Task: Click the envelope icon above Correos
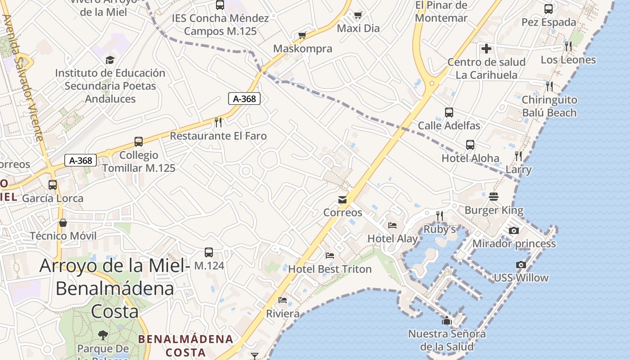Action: [x=342, y=200]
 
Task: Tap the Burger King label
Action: [x=494, y=210]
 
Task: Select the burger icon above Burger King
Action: [x=494, y=197]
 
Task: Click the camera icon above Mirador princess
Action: [x=514, y=230]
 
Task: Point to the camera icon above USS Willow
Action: [x=521, y=265]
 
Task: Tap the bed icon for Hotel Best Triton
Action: [x=330, y=256]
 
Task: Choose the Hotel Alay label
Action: [x=392, y=238]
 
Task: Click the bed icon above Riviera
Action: [x=283, y=300]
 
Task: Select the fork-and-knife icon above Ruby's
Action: [x=440, y=216]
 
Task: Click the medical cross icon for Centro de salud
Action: [x=486, y=49]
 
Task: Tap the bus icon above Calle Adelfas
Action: [x=449, y=112]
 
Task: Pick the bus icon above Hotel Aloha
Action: [x=470, y=145]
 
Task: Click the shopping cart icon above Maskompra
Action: [x=302, y=35]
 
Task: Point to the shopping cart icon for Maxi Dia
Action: [x=358, y=15]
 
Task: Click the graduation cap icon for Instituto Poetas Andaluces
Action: [x=110, y=60]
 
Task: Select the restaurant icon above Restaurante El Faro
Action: [x=218, y=122]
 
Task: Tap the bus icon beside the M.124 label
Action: [x=209, y=252]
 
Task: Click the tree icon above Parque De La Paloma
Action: [x=103, y=335]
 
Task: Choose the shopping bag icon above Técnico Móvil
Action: [x=63, y=223]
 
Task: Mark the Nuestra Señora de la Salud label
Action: [x=446, y=340]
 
